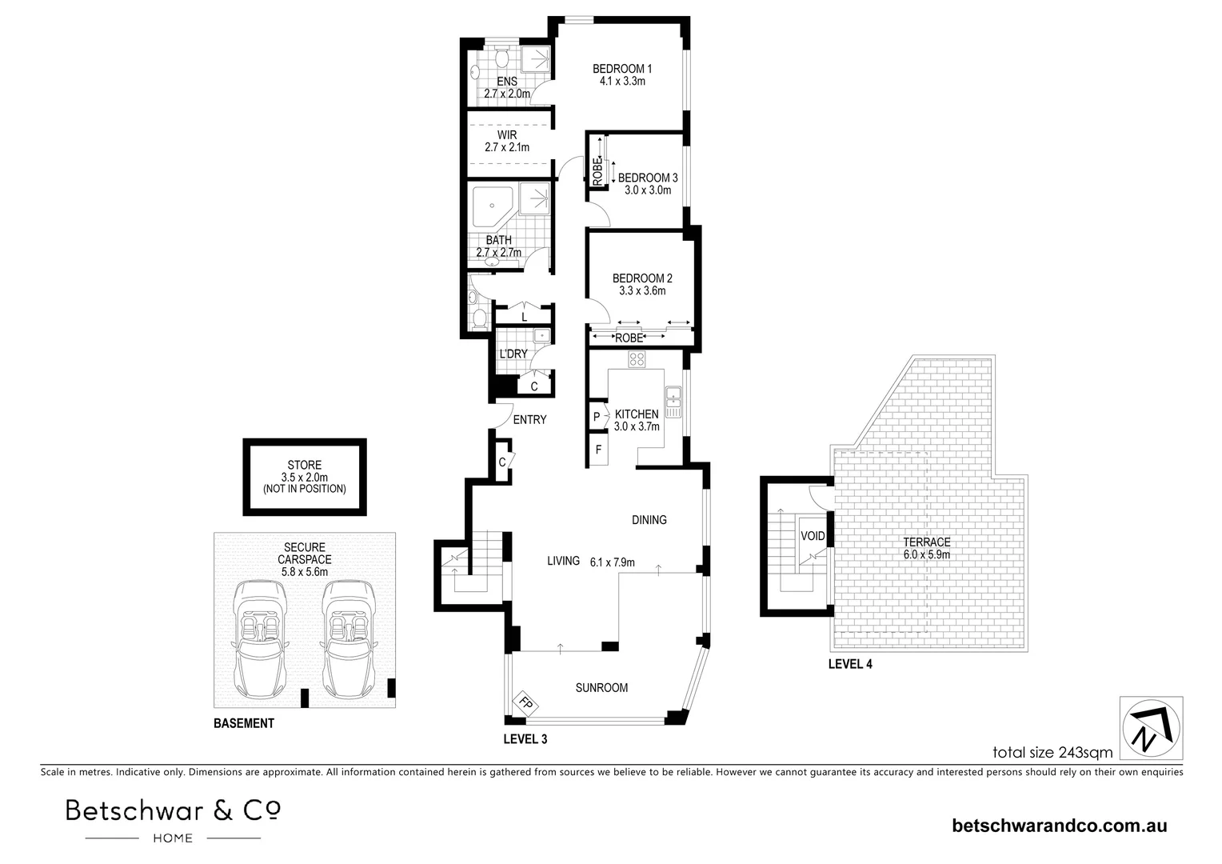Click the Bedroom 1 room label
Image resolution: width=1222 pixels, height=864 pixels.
(x=622, y=69)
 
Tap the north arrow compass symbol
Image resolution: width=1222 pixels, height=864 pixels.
(x=1151, y=728)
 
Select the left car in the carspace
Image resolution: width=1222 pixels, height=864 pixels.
(x=259, y=639)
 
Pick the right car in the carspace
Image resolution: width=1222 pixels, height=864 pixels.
(x=348, y=639)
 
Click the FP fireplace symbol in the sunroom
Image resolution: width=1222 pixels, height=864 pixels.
(x=525, y=703)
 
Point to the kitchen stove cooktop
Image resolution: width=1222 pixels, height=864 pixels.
(x=637, y=359)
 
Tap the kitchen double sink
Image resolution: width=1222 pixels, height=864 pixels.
(x=673, y=402)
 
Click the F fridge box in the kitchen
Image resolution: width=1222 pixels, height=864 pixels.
(x=598, y=449)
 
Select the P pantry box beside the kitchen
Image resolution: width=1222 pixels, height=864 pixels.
(x=597, y=417)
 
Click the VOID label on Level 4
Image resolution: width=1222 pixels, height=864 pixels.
(x=813, y=536)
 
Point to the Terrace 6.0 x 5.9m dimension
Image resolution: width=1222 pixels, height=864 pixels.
(x=926, y=554)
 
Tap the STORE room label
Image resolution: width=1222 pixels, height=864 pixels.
(x=305, y=465)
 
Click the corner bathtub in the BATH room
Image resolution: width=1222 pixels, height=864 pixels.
(x=492, y=207)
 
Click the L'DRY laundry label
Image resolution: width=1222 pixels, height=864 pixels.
(x=513, y=354)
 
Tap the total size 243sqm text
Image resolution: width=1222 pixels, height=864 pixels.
(x=1052, y=752)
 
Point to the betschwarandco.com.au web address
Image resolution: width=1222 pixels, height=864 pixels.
(x=1060, y=826)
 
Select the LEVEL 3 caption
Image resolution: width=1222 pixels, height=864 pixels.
(x=525, y=739)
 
